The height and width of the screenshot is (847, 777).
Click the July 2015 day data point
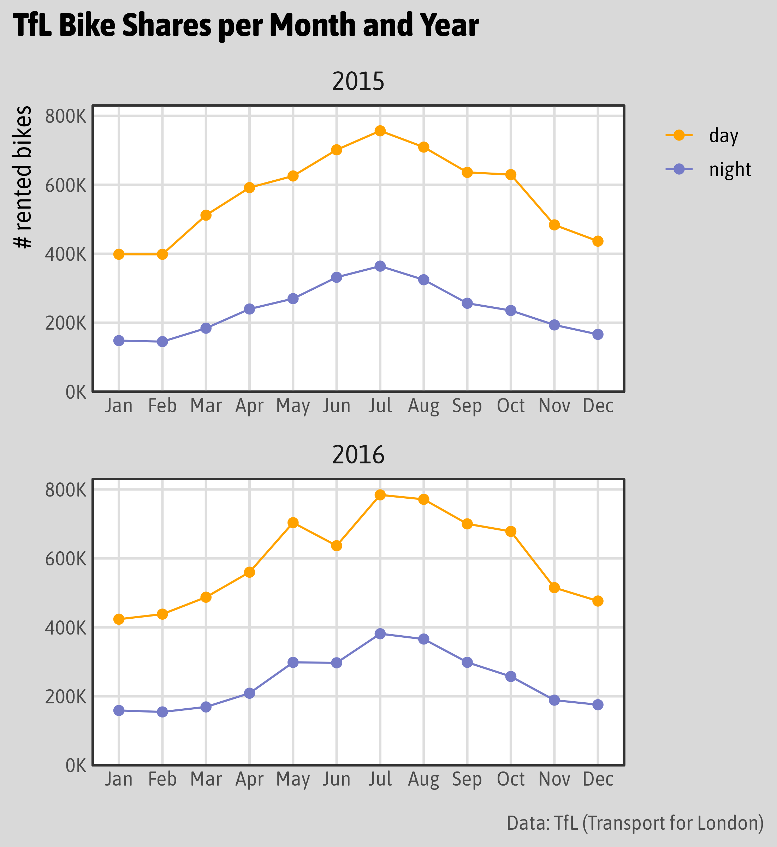[x=380, y=131]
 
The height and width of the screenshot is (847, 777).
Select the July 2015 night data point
[x=380, y=266]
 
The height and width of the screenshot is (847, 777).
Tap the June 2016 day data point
[x=336, y=546]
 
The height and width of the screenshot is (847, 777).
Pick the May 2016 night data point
[x=293, y=662]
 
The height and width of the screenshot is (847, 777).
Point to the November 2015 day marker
[x=554, y=225]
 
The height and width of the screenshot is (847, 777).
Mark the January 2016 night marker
[x=119, y=710]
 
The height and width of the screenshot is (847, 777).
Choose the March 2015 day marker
[x=206, y=215]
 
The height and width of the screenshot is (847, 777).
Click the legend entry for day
[x=723, y=135]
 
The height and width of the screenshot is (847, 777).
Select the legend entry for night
[x=729, y=169]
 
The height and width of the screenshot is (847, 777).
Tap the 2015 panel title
[x=358, y=82]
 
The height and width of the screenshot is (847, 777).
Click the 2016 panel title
[x=358, y=455]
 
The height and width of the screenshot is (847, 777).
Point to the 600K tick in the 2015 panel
[x=66, y=185]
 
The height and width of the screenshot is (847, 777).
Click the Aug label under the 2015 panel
[x=423, y=406]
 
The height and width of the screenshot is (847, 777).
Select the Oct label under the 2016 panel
[x=510, y=779]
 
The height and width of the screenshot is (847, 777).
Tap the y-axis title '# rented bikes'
[x=23, y=177]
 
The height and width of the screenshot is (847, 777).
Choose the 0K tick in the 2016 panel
[x=76, y=766]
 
